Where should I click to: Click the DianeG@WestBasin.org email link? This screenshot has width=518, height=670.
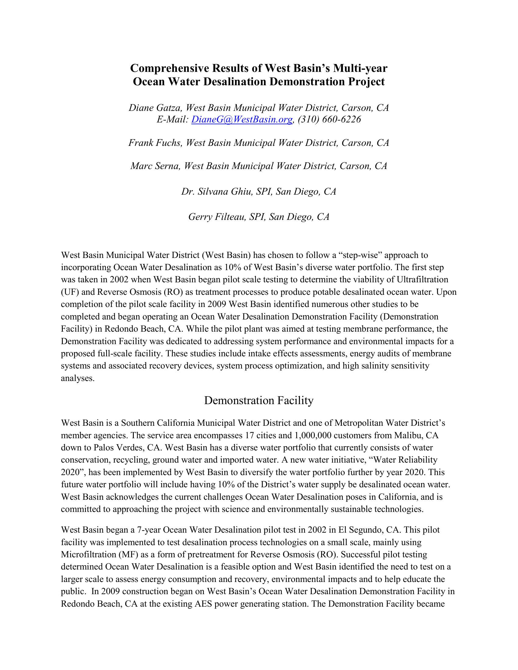click(242, 119)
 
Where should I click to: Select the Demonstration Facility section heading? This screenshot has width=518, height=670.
click(259, 401)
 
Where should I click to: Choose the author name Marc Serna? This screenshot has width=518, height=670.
click(155, 166)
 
